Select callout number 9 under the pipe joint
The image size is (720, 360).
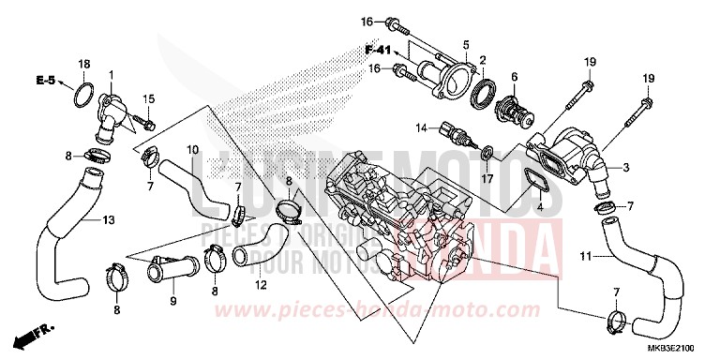(x=172, y=301)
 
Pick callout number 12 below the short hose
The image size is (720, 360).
(x=260, y=284)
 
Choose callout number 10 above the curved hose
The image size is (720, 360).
(x=191, y=150)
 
